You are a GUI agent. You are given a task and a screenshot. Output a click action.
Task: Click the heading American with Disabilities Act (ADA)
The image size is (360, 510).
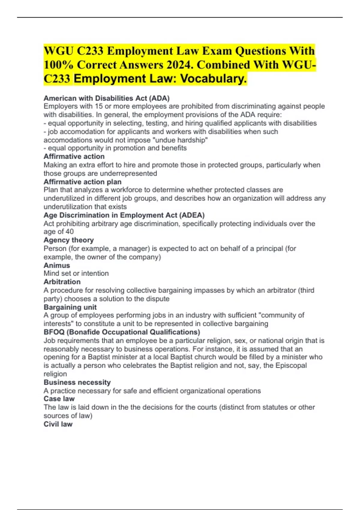point(106,98)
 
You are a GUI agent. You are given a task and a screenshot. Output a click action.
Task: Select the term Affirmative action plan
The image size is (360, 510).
point(82,182)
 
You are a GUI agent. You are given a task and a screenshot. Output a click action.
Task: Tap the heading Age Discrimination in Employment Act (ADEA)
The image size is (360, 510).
point(124,215)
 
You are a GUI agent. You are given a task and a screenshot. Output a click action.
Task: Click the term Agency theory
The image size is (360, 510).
point(69,240)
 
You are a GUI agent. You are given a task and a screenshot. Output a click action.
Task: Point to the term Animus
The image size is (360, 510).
point(57,265)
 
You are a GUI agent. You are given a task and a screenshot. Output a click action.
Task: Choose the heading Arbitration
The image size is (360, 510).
point(62,282)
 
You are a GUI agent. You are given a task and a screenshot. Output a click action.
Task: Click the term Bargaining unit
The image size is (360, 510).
point(70,307)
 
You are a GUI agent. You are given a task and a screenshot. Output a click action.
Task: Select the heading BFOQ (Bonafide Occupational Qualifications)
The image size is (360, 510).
point(122,332)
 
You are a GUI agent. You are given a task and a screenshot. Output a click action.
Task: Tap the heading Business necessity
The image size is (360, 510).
point(77,382)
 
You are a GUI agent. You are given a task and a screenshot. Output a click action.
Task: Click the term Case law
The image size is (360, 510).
point(59,399)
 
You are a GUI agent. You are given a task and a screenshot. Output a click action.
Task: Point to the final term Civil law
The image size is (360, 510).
point(58,424)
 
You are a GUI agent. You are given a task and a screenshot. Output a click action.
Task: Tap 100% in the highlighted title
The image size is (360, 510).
point(59,65)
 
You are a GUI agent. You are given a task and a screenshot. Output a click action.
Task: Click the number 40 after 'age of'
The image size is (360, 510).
point(70,232)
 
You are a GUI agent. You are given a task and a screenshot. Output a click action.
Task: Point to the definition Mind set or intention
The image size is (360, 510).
point(76,273)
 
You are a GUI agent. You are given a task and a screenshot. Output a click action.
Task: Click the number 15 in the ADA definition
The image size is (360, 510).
point(99,106)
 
